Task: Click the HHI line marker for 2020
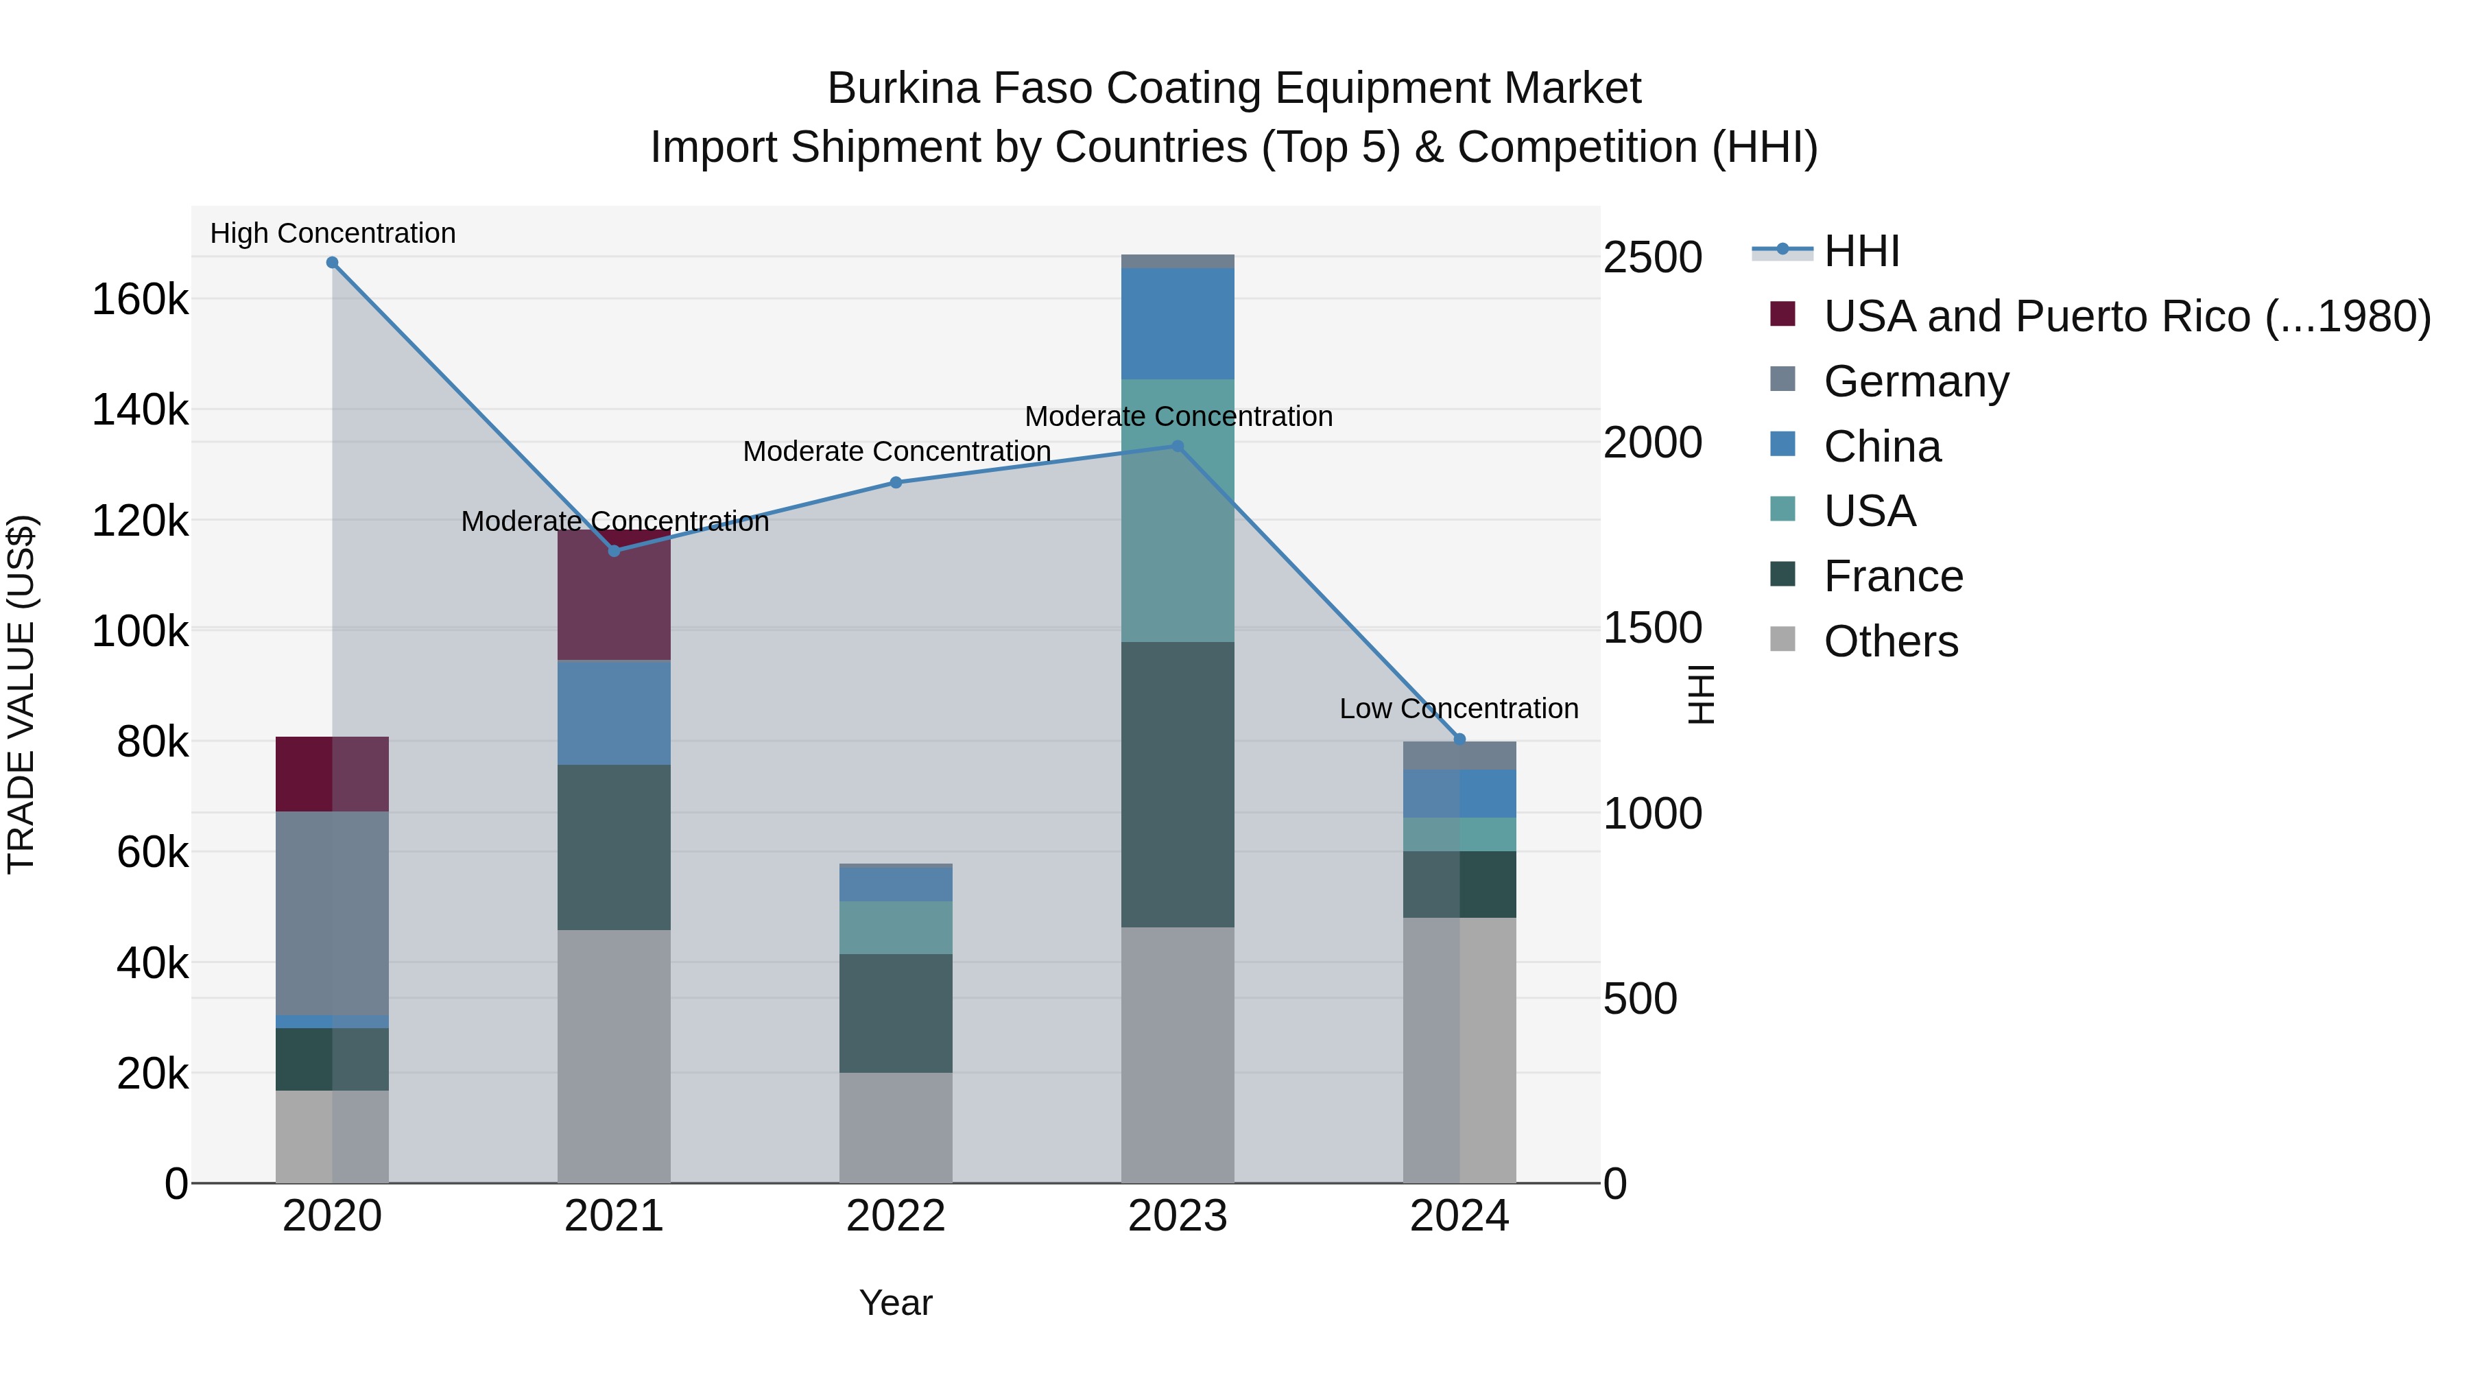(x=333, y=263)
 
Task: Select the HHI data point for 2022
(x=896, y=482)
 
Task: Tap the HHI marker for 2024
(x=1459, y=739)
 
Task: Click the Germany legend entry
(x=1915, y=381)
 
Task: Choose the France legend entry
(x=1893, y=576)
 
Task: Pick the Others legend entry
(x=1890, y=641)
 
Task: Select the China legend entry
(x=1881, y=447)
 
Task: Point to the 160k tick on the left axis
(x=140, y=300)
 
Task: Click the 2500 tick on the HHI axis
(x=1652, y=258)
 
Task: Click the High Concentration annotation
(x=333, y=233)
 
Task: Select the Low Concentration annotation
(x=1458, y=709)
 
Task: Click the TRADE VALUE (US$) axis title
(x=21, y=694)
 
